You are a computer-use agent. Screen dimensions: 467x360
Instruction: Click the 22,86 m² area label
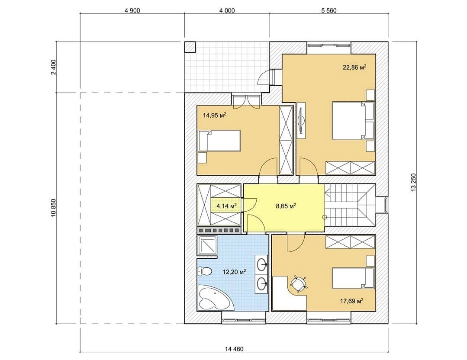(354, 67)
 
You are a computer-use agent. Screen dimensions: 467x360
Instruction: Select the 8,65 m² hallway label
(286, 206)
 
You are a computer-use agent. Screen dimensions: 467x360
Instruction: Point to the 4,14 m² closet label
(227, 206)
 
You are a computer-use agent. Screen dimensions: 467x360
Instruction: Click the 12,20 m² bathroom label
(235, 272)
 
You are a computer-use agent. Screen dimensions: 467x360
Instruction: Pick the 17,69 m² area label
(352, 301)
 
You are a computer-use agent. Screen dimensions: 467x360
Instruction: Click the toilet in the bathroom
(205, 271)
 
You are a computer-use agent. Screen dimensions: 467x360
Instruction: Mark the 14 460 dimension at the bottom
(234, 349)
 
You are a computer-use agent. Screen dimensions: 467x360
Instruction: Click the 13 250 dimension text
(413, 183)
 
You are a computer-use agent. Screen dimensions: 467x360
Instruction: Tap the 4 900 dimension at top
(132, 11)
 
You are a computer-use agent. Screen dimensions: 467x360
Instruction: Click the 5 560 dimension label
(329, 11)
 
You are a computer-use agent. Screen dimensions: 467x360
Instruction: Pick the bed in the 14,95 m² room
(219, 140)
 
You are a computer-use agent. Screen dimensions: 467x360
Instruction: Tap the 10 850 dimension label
(54, 208)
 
